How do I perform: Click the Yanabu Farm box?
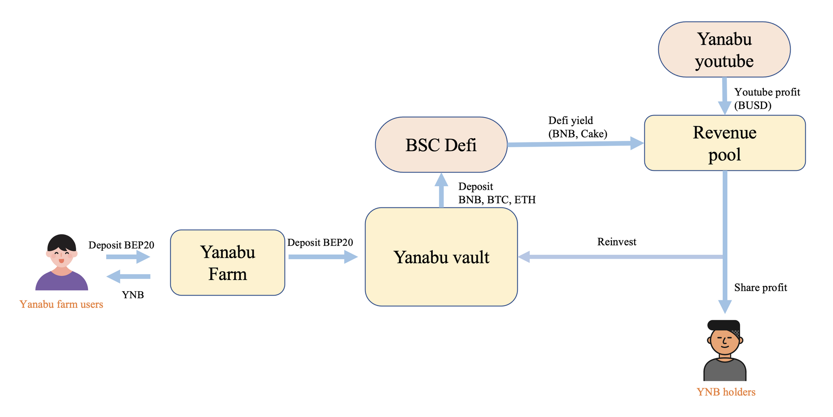coord(227,263)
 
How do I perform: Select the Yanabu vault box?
coord(441,257)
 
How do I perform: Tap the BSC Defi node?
coord(441,145)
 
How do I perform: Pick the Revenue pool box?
coord(725,143)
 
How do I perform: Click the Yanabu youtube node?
coord(724,50)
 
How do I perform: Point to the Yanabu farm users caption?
coord(61,305)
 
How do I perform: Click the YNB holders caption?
coord(726,392)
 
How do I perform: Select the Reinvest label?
coord(616,242)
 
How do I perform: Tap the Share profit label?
coord(761,288)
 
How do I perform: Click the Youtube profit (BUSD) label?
coord(767,99)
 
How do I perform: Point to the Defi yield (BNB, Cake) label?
coord(578,127)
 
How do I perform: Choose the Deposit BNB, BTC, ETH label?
coord(497,193)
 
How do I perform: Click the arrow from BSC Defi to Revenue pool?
coord(575,144)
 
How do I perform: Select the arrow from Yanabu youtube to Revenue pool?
coord(724,95)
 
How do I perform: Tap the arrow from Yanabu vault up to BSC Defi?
coord(441,190)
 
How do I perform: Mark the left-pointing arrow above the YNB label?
coord(129,276)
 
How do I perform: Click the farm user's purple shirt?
coord(62,282)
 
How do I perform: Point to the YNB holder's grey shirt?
coord(725,371)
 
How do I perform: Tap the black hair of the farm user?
coord(62,242)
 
